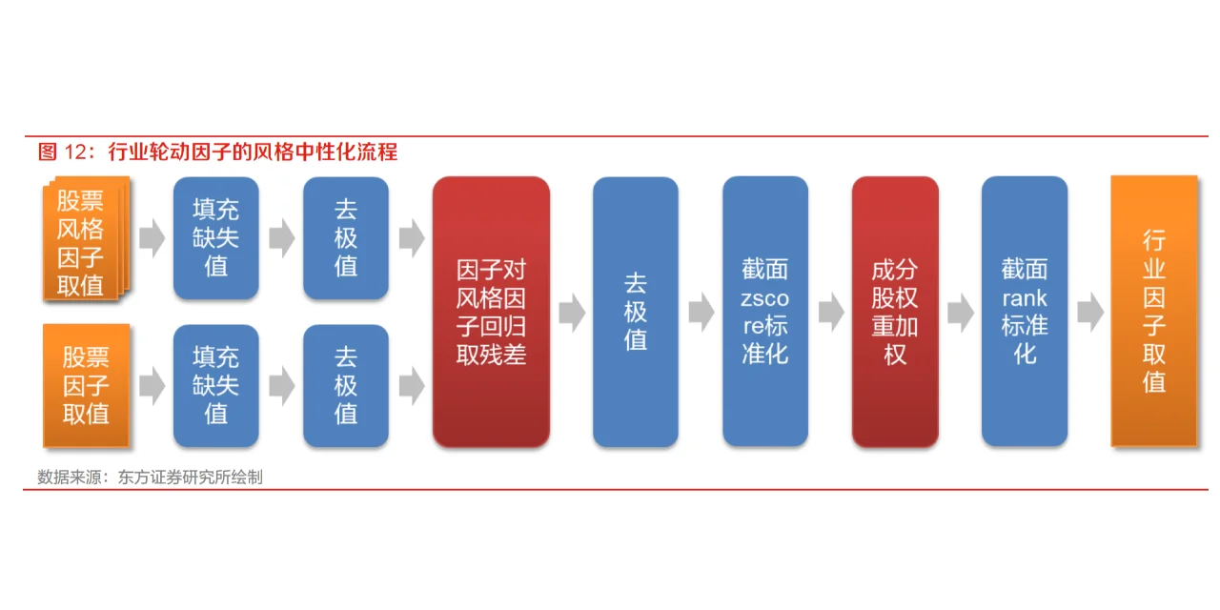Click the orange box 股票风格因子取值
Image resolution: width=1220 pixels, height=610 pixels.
tap(84, 240)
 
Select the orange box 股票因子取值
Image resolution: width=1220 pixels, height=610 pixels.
tap(86, 385)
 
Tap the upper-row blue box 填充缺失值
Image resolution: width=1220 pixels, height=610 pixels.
tap(215, 238)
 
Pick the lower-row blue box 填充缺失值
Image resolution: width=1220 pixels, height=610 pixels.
tap(215, 385)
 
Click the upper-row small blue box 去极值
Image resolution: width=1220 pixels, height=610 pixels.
tap(346, 238)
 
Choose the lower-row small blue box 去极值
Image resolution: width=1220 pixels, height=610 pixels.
tap(346, 385)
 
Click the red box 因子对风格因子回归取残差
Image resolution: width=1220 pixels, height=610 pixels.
tap(491, 312)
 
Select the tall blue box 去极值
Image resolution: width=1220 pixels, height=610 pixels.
tap(636, 312)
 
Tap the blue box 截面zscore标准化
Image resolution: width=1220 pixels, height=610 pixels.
tap(765, 312)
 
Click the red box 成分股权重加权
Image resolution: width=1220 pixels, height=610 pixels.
tap(895, 312)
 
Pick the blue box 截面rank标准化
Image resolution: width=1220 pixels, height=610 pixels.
tap(1025, 312)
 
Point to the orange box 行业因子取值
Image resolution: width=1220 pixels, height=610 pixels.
tap(1154, 312)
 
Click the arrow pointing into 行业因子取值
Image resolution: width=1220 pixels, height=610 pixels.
tap(1090, 312)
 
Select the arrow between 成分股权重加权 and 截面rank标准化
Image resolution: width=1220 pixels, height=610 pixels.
tap(961, 312)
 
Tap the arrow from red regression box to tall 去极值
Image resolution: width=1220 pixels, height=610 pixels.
tap(572, 312)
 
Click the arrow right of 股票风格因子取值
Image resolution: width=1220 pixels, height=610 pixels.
tap(152, 238)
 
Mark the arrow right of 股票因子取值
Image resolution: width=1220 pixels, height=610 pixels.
tap(152, 385)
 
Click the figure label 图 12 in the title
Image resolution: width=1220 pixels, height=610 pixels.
tap(63, 152)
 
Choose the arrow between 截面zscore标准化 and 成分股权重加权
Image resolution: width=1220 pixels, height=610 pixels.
tap(831, 312)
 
